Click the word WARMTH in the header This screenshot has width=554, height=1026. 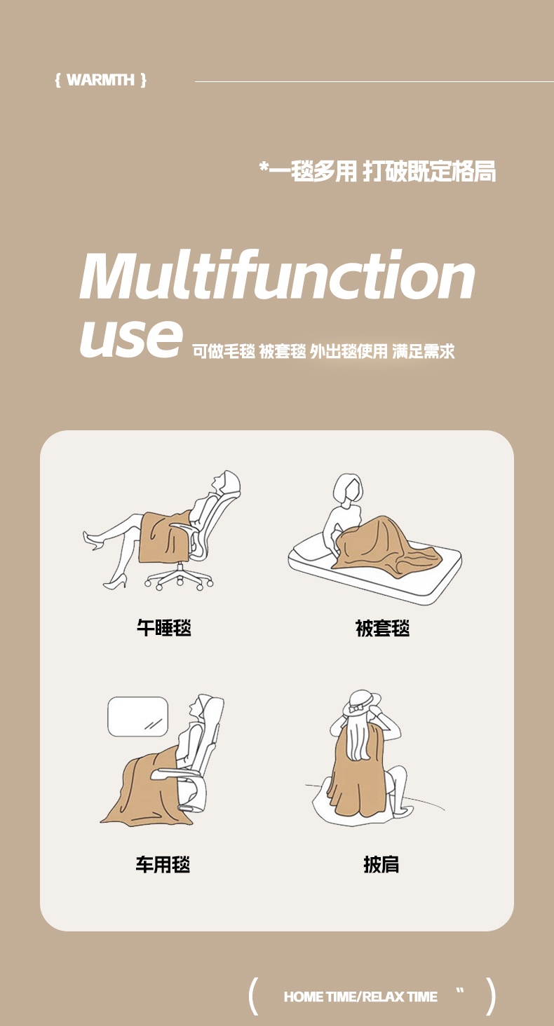click(x=100, y=80)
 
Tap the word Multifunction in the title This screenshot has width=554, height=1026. click(x=277, y=275)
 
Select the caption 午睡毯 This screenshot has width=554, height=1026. click(x=163, y=627)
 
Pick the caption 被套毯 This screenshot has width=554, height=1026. click(x=382, y=628)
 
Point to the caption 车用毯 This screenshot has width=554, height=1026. click(x=163, y=865)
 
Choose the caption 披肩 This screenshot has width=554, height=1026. click(x=381, y=865)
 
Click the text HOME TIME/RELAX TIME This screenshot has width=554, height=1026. click(x=360, y=997)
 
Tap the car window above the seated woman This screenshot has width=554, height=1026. click(x=138, y=717)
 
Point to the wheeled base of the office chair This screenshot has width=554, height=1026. click(x=179, y=578)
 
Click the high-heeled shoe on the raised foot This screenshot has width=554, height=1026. click(x=93, y=540)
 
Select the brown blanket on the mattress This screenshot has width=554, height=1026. click(x=385, y=545)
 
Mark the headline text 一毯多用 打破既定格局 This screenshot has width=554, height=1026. click(x=377, y=172)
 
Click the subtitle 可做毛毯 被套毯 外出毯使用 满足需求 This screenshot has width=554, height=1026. click(x=323, y=351)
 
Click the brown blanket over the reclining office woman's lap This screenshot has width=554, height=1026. click(x=164, y=536)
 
